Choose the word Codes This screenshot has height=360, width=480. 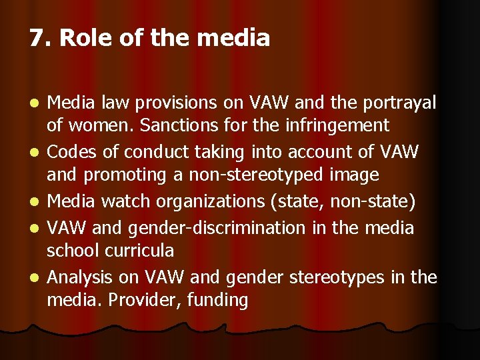pyautogui.click(x=71, y=152)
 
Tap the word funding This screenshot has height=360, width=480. pyautogui.click(x=218, y=300)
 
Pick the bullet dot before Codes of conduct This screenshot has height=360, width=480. pyautogui.click(x=36, y=153)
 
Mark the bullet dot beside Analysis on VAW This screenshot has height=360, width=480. pyautogui.click(x=36, y=277)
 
